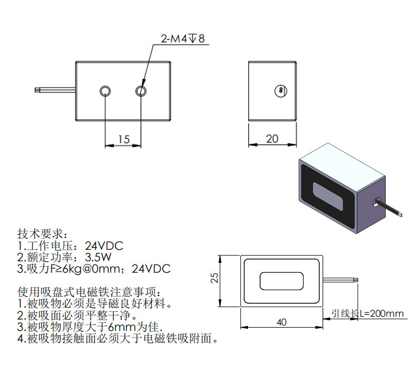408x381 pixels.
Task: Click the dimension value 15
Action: [123, 139]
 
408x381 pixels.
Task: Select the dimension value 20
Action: [272, 139]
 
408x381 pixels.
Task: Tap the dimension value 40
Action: [281, 322]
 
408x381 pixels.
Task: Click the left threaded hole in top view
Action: [106, 90]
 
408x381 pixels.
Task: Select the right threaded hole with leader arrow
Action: [141, 90]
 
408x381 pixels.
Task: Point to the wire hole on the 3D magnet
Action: [375, 202]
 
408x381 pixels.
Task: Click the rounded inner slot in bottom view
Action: [281, 281]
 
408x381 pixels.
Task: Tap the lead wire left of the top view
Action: [54, 89]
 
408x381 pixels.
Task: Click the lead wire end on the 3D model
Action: [401, 213]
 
